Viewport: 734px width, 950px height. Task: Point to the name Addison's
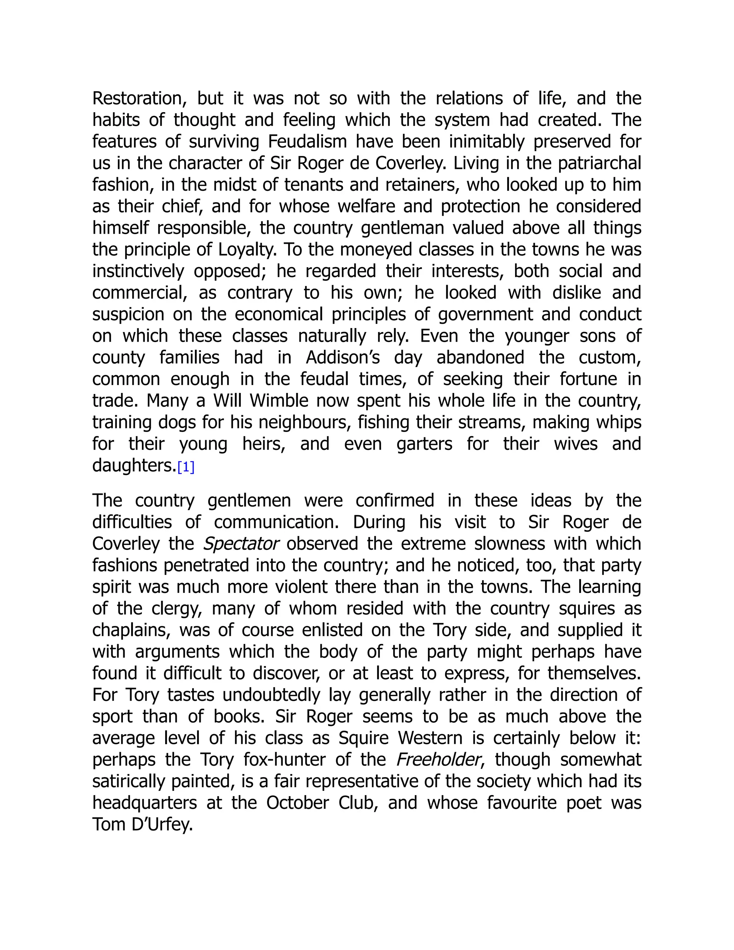(x=343, y=357)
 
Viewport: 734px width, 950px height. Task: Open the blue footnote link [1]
(x=186, y=467)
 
